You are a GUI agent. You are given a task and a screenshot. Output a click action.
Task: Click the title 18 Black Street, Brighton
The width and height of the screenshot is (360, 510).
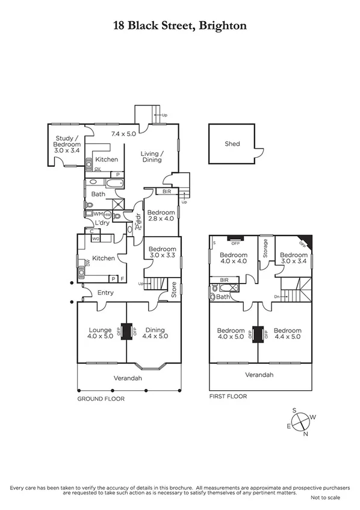click(x=180, y=25)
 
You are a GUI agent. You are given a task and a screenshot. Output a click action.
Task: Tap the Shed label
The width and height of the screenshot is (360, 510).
click(x=232, y=144)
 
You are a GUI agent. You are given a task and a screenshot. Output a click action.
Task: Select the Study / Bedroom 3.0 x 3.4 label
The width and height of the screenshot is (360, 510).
click(x=67, y=145)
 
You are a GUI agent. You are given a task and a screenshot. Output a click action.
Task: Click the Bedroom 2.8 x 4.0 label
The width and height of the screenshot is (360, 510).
click(x=161, y=216)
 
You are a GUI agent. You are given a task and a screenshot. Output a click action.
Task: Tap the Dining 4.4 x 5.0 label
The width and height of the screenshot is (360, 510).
click(x=155, y=334)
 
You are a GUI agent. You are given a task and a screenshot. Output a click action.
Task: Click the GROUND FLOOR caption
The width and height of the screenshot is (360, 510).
click(x=101, y=399)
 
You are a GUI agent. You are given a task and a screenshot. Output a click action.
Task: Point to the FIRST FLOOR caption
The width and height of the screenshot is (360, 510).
click(x=228, y=397)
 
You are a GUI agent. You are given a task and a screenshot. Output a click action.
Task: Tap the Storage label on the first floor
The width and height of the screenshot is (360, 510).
click(x=264, y=248)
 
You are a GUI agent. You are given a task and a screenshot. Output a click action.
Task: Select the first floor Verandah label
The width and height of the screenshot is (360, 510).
click(x=260, y=374)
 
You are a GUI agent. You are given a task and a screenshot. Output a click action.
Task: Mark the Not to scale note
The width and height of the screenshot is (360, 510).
click(x=326, y=498)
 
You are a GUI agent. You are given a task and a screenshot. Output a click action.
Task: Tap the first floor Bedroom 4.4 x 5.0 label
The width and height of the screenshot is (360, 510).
click(x=288, y=334)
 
